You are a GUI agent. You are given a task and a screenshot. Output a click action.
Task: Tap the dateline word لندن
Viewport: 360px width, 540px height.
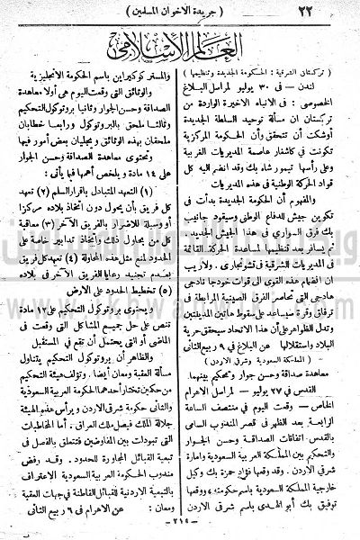coord(332,92)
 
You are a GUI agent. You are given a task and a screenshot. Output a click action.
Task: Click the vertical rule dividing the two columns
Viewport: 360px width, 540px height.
coord(179,297)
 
